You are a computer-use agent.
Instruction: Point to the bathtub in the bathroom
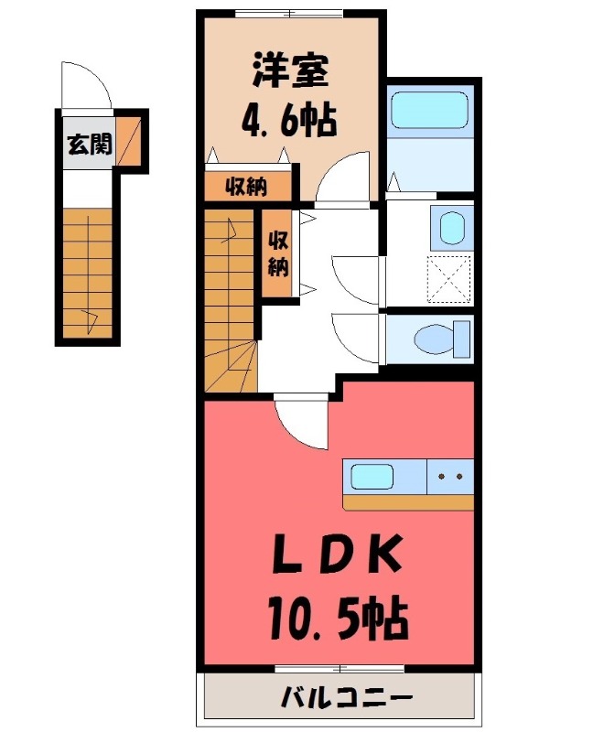(430, 110)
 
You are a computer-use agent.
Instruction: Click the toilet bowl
(437, 340)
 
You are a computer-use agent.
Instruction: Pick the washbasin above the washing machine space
(451, 228)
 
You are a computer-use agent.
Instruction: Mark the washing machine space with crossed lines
(450, 278)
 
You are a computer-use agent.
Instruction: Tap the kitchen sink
(372, 478)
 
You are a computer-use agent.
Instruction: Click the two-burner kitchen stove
(450, 477)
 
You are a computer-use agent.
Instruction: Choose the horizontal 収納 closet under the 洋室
(247, 187)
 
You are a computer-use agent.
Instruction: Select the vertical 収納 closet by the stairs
(278, 254)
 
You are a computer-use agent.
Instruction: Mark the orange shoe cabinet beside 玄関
(130, 142)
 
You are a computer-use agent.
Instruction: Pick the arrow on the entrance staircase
(91, 318)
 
